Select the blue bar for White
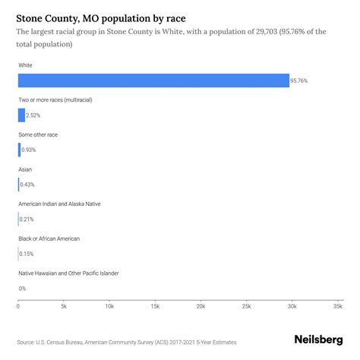click(153, 81)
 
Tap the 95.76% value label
click(300, 81)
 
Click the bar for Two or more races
click(21, 115)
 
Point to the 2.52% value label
click(33, 115)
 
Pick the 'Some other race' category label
click(38, 134)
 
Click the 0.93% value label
click(28, 150)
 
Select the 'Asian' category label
click(25, 169)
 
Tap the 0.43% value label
click(27, 185)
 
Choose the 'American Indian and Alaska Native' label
click(59, 204)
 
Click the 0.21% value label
click(27, 219)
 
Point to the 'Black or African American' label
click(49, 238)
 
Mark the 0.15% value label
click(27, 254)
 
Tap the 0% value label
click(22, 289)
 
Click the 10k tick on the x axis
click(109, 307)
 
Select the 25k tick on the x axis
click(247, 307)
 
